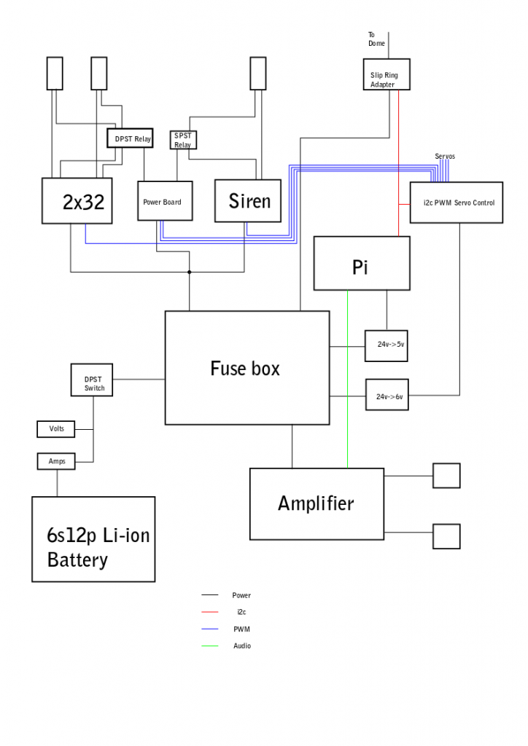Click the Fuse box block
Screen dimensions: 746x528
click(x=246, y=368)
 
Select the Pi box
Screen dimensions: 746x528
click(x=360, y=263)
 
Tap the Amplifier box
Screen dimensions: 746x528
click(x=317, y=503)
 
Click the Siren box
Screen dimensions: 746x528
click(x=248, y=201)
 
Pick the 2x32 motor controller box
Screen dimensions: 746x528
click(x=77, y=200)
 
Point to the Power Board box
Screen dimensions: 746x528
click(x=165, y=201)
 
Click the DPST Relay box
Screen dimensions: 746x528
click(x=131, y=138)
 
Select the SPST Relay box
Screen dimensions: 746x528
click(x=183, y=140)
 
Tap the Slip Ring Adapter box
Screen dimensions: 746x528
click(x=387, y=75)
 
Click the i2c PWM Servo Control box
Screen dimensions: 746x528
click(x=456, y=203)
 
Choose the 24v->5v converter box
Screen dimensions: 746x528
click(x=386, y=345)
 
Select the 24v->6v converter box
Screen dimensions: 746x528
click(x=386, y=396)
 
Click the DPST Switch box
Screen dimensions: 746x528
click(x=92, y=380)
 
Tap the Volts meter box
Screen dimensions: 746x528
click(x=56, y=429)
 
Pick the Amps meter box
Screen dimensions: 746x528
click(x=56, y=461)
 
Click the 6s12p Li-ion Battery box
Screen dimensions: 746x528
click(x=93, y=539)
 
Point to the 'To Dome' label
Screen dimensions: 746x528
click(x=376, y=39)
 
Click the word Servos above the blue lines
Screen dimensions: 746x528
click(x=445, y=157)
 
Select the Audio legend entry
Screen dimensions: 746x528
click(x=241, y=645)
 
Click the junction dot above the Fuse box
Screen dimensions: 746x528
click(x=190, y=272)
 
